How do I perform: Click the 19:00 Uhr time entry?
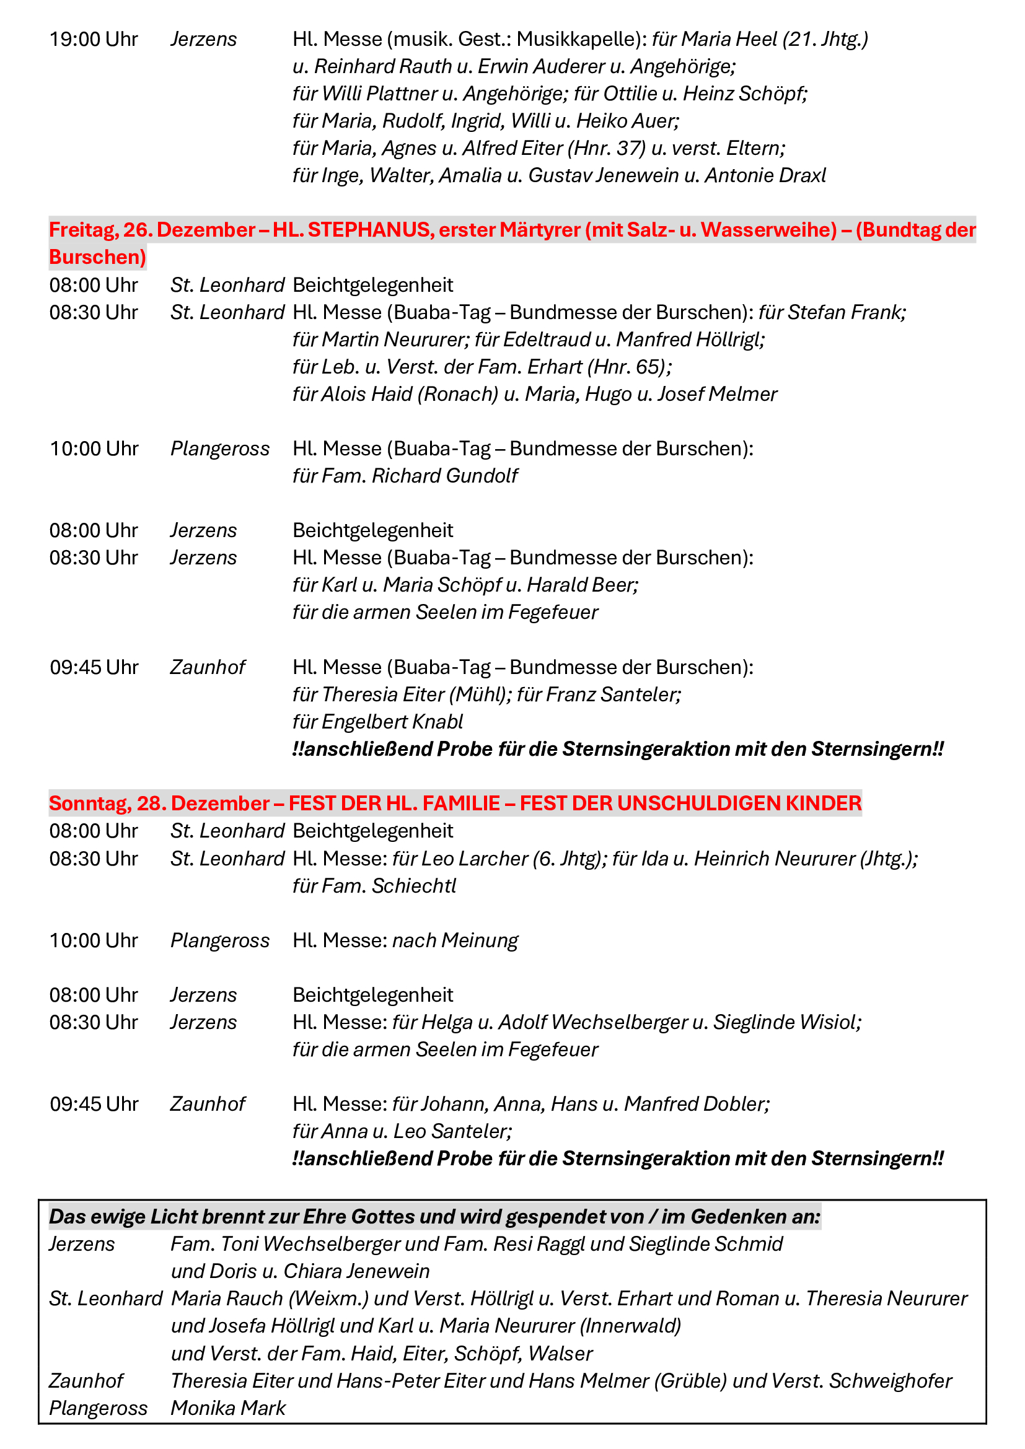94,40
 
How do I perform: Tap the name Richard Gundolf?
444,476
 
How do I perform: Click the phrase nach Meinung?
455,941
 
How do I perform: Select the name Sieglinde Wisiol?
786,1022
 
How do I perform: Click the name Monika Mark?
229,1408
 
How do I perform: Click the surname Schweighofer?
890,1381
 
